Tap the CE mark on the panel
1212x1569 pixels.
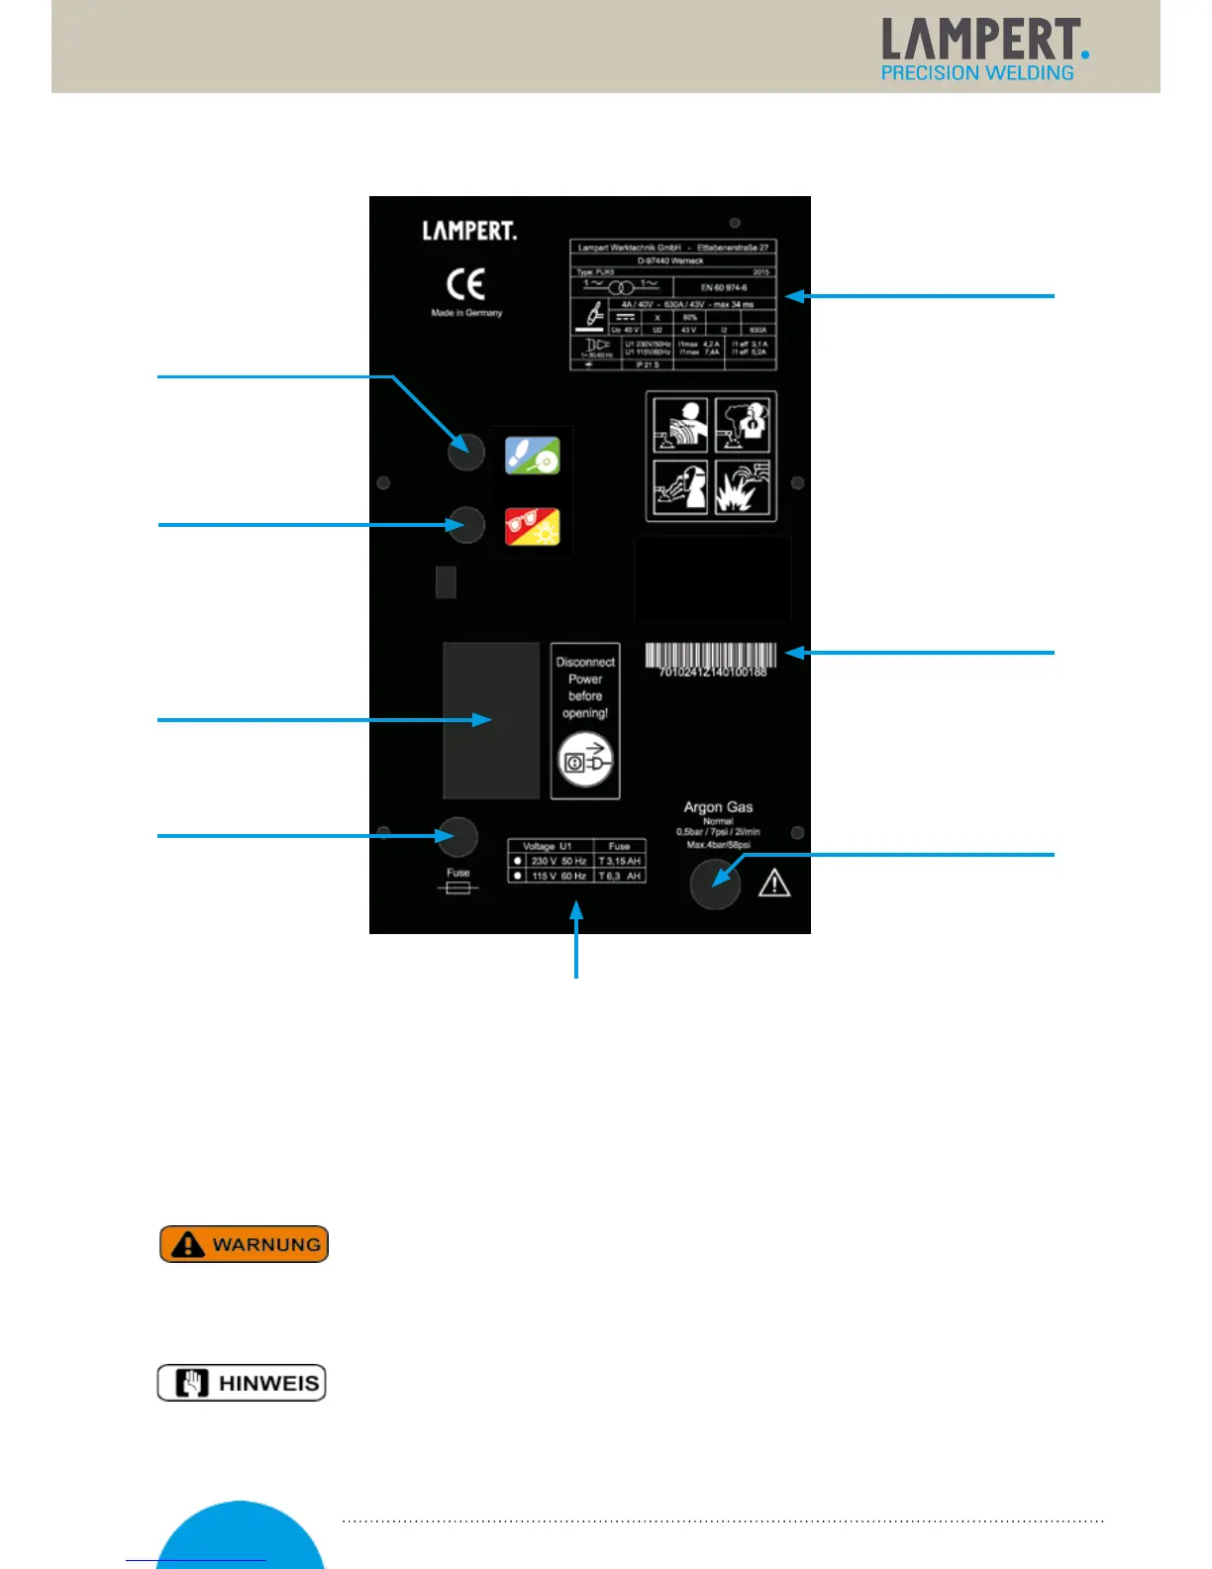[x=465, y=284]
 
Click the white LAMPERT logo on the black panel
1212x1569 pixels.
[x=469, y=231]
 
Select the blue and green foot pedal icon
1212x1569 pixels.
[x=533, y=456]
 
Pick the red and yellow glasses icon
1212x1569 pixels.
[x=533, y=527]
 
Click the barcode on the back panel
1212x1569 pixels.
[x=711, y=655]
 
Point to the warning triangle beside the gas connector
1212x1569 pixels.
[x=774, y=884]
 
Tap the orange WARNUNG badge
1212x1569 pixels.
[x=244, y=1244]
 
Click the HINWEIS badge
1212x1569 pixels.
[x=242, y=1383]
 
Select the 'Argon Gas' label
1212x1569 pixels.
[x=718, y=807]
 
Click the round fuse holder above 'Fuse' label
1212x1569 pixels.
[x=457, y=837]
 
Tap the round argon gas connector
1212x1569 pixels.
[x=715, y=884]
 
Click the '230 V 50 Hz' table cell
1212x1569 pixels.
[x=558, y=861]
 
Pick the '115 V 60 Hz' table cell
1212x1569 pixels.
[x=558, y=876]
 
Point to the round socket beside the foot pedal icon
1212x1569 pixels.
[x=465, y=453]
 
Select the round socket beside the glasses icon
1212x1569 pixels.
[x=465, y=525]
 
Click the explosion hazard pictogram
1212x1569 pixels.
[x=743, y=486]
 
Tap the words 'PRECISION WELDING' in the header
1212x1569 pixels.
[x=977, y=73]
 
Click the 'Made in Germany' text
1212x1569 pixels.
[x=466, y=313]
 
